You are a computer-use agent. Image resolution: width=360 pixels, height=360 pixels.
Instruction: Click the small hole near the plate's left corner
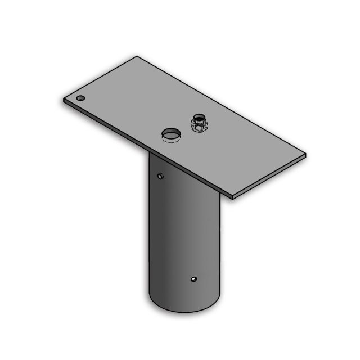pos(81,98)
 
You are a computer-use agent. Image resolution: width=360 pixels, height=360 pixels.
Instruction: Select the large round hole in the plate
pos(171,135)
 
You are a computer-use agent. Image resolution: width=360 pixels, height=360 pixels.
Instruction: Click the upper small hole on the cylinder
pos(161,177)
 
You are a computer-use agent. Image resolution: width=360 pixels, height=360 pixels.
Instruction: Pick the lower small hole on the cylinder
pos(193,279)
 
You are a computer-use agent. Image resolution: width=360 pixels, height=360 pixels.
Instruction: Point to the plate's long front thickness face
pos(146,150)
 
